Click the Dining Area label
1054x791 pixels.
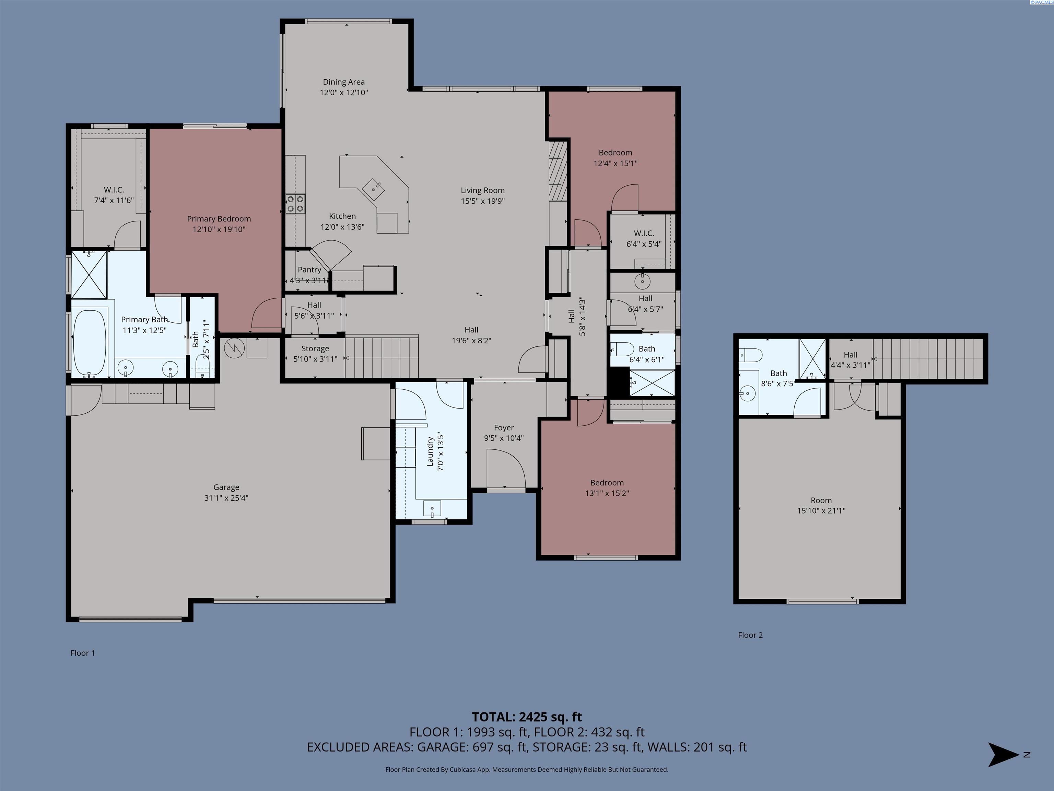point(343,82)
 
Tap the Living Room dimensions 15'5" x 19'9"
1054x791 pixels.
point(483,201)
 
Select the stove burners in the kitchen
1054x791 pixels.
point(295,204)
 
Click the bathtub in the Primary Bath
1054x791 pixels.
point(90,343)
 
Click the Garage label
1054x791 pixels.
point(226,487)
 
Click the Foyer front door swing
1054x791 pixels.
point(506,469)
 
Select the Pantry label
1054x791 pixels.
point(309,270)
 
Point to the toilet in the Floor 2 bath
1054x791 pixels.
point(751,354)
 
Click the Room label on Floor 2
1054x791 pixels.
point(821,500)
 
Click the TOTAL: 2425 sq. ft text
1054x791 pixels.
point(527,717)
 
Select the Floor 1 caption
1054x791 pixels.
point(83,653)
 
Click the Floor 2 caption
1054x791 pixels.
point(750,635)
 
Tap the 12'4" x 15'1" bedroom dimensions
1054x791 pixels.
point(616,163)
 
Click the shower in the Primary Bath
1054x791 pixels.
point(89,275)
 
